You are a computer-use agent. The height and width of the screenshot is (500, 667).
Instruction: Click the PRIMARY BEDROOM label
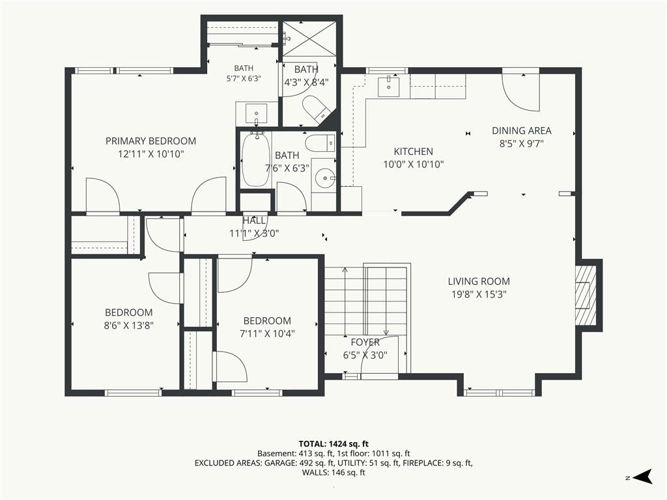pos(150,141)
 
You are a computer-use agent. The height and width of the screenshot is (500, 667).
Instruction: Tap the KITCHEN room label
pos(414,151)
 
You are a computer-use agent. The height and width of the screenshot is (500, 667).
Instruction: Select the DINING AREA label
pos(522,130)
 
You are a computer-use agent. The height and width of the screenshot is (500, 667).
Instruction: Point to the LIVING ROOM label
pos(479,281)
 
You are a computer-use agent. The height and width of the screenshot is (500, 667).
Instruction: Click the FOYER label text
pos(365,342)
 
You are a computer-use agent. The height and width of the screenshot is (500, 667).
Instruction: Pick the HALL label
pos(254,221)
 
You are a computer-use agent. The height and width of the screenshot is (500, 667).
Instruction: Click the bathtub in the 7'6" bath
pos(255,160)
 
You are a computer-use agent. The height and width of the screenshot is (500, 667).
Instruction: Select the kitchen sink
pos(389,87)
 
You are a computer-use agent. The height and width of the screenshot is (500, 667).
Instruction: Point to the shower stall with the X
pos(309,38)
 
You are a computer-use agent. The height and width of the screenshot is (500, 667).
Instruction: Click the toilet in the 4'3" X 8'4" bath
pos(317,107)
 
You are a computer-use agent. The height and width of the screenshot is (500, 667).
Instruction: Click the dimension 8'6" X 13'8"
pos(129,326)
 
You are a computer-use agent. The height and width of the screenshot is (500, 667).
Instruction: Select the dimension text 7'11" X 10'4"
pos(267,334)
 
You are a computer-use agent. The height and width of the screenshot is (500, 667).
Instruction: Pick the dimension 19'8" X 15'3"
pos(479,294)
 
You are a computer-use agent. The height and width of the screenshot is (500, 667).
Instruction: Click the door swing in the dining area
pos(520,91)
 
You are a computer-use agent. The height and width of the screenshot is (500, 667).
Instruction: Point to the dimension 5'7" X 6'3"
pos(244,79)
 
